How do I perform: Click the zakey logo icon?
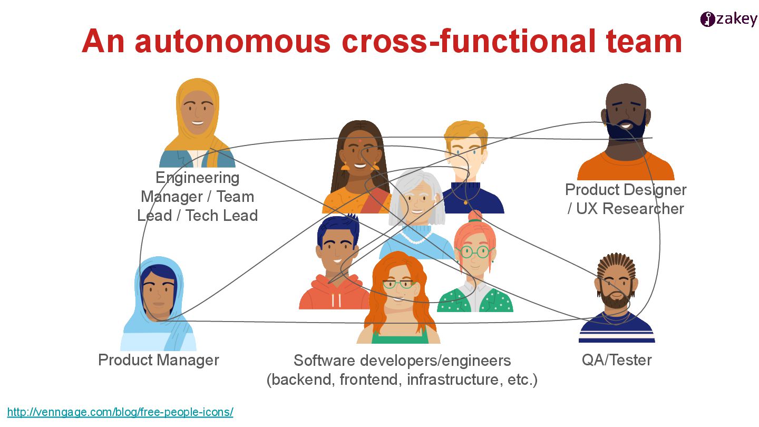click(707, 20)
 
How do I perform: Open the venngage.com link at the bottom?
click(120, 412)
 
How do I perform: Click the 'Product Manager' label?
click(159, 360)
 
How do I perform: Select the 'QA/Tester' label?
click(617, 360)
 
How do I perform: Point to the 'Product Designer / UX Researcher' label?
click(626, 199)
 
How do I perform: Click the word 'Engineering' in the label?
click(198, 178)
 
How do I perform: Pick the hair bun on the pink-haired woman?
click(475, 216)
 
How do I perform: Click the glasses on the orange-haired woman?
click(399, 284)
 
